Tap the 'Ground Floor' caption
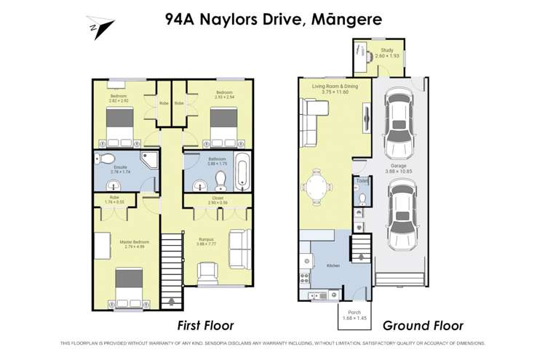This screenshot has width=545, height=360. click(x=423, y=325)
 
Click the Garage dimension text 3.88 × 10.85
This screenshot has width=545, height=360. click(x=398, y=171)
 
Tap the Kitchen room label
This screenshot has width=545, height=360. click(x=333, y=266)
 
